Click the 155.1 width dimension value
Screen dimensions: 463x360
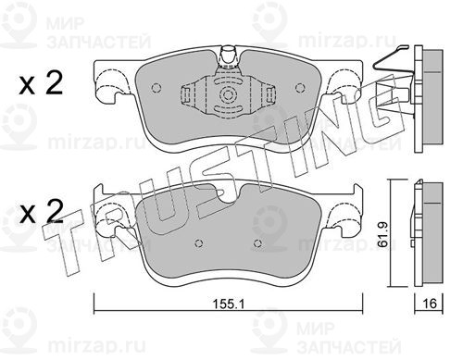point(229,304)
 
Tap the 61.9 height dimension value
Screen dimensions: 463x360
point(382,234)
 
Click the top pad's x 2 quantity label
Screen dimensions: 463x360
point(41,83)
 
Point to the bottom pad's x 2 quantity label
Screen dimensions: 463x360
point(41,212)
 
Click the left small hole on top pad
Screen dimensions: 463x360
point(156,88)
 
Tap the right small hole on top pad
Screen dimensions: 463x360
point(299,88)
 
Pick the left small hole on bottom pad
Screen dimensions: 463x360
point(199,243)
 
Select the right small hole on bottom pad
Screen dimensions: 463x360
point(257,243)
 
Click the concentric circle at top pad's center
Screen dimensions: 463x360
point(228,94)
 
